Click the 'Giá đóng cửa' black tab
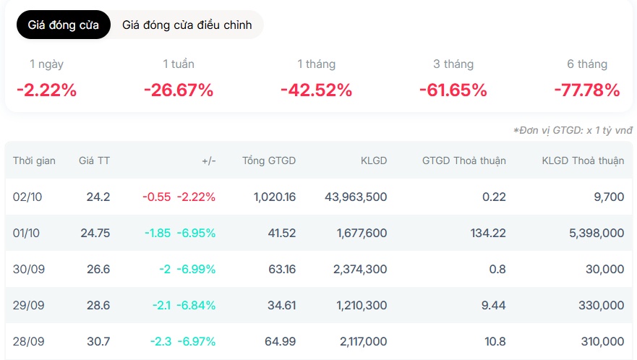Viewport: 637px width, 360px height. (x=64, y=25)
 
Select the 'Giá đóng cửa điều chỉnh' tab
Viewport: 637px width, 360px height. (x=187, y=25)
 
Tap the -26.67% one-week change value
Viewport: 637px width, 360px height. (x=179, y=90)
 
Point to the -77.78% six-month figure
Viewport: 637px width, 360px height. (x=587, y=90)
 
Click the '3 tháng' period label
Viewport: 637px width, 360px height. (x=453, y=64)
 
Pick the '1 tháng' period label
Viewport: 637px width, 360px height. (x=317, y=64)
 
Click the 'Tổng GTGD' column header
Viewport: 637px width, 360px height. (x=269, y=160)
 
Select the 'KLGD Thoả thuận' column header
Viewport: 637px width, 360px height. (x=583, y=160)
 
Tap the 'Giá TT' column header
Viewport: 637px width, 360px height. (x=94, y=160)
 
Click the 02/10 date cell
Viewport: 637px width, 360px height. (x=27, y=197)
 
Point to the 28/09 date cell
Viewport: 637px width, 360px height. (x=28, y=341)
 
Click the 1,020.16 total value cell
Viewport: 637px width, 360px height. (x=275, y=197)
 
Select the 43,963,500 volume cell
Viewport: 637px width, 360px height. (x=356, y=197)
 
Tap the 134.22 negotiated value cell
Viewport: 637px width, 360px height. (x=488, y=233)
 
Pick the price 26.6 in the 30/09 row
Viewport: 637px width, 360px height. (x=98, y=269)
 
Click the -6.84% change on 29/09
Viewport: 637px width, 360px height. (x=196, y=305)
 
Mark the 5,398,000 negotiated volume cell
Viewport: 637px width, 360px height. (x=597, y=233)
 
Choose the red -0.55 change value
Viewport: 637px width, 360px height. (x=157, y=197)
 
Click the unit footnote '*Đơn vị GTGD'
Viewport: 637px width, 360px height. (x=573, y=130)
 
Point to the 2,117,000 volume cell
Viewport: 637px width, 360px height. (x=363, y=341)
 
